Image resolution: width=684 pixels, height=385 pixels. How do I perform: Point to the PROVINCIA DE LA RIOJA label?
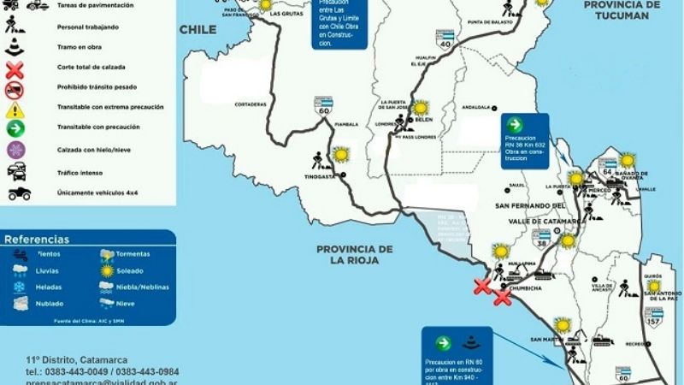pos(354,253)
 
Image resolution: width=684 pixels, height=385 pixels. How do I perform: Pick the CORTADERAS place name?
pos(251,104)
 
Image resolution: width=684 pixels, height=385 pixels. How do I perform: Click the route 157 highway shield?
pos(654,316)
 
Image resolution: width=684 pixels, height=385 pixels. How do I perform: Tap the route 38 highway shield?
pos(542,236)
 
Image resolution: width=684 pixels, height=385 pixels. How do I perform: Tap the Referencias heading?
pos(37,240)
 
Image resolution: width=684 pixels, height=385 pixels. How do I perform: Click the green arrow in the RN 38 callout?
pos(514,125)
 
